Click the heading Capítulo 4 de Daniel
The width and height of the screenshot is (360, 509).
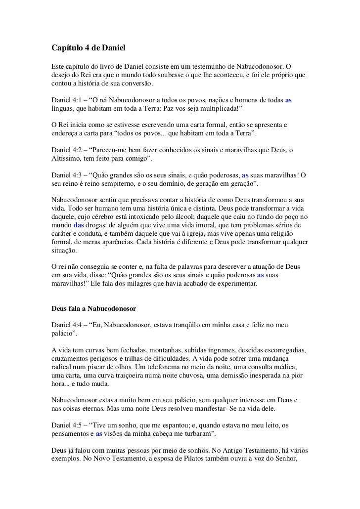coord(89,48)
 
